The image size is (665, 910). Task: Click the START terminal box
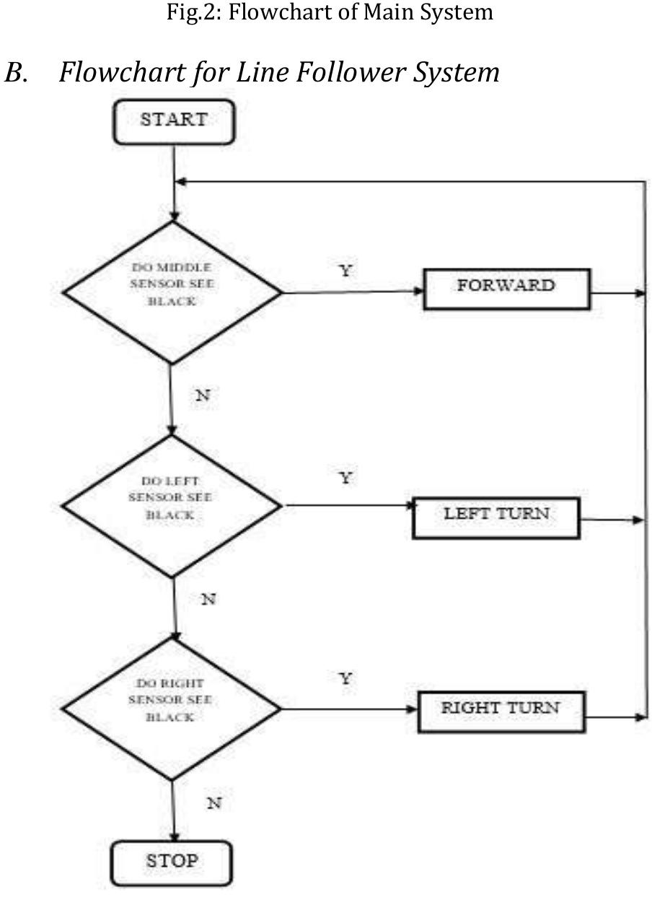pos(173,121)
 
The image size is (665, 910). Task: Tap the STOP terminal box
pos(172,862)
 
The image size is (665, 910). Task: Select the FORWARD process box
pos(506,289)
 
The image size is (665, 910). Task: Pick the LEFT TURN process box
pos(496,517)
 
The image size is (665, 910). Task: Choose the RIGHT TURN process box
pos(501,711)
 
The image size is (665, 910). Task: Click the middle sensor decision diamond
pos(172,292)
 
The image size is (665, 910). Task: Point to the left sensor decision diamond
pos(172,506)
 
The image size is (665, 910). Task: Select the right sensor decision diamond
pos(172,709)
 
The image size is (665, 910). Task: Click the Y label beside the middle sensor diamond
pos(345,270)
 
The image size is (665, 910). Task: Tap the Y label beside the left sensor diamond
pos(345,478)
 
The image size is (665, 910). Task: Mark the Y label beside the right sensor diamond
pos(345,678)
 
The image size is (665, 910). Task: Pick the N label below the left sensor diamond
pos(208,599)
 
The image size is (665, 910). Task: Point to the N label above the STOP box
pos(213,802)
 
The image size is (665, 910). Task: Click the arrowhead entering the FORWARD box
pos(418,291)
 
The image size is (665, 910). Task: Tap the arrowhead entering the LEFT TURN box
pos(408,505)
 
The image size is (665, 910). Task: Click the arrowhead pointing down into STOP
pos(173,837)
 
